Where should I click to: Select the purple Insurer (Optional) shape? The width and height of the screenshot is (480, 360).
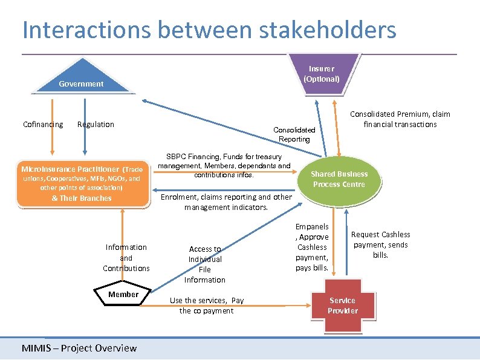click(x=322, y=74)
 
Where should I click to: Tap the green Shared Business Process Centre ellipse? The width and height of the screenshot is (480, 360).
click(x=339, y=179)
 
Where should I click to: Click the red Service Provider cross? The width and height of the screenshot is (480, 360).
click(x=342, y=306)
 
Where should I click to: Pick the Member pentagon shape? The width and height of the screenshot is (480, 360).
click(x=123, y=295)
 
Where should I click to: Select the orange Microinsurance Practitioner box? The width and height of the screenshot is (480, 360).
click(x=82, y=184)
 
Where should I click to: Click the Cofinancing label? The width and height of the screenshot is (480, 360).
click(x=43, y=125)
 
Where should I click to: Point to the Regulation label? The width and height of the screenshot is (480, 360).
click(x=96, y=125)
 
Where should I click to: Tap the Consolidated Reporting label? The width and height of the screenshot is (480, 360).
click(x=294, y=134)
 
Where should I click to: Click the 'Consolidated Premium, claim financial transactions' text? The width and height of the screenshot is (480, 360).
click(x=400, y=119)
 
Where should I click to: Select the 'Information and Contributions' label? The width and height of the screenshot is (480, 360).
click(x=126, y=258)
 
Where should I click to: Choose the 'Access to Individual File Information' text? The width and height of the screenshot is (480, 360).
click(x=205, y=264)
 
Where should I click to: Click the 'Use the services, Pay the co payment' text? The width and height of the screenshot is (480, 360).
click(x=207, y=306)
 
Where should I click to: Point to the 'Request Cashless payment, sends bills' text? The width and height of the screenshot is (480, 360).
click(x=380, y=245)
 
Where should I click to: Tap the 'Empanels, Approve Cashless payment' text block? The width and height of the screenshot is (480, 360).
click(x=313, y=247)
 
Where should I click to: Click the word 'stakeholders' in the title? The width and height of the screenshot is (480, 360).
click(x=320, y=30)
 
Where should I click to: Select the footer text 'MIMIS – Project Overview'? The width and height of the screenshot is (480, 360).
click(x=79, y=348)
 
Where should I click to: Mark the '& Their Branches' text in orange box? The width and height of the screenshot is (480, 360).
click(x=82, y=198)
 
